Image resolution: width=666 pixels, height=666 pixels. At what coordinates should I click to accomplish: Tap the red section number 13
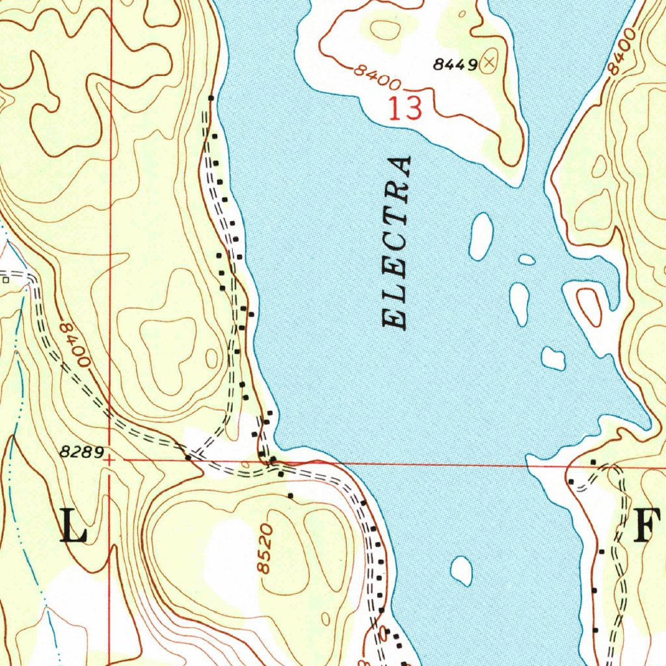[x=405, y=109]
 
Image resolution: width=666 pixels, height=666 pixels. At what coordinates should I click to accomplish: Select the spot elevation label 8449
[x=455, y=64]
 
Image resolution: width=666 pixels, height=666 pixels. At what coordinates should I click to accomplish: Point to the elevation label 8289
[x=81, y=453]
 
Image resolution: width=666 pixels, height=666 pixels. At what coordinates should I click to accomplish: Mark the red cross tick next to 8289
[x=110, y=459]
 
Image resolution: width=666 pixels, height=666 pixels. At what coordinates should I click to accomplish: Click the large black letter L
[x=73, y=526]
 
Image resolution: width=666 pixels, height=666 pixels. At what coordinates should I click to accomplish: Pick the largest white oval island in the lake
[x=481, y=235]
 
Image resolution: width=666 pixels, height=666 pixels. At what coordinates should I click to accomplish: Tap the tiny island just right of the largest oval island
[x=527, y=260]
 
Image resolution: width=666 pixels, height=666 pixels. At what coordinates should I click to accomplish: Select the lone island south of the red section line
[x=462, y=570]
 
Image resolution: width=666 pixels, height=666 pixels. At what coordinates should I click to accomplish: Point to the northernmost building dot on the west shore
[x=210, y=98]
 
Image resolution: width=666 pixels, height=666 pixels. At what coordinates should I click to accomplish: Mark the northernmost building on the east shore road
[x=593, y=462]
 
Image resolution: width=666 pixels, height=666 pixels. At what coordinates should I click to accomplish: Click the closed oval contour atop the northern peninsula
[x=386, y=29]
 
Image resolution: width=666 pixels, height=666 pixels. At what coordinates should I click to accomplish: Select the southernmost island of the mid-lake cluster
[x=553, y=358]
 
